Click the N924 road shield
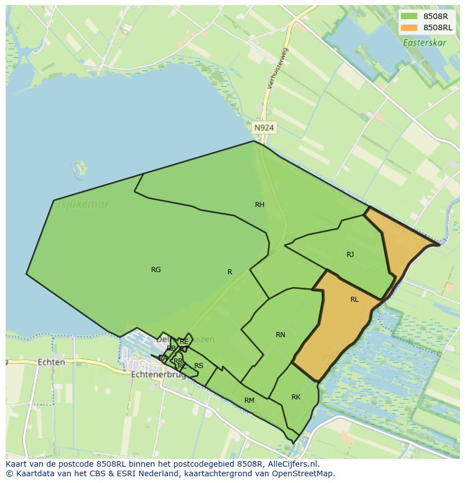coord(264,128)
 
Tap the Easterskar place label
coord(425,42)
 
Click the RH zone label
coord(259,205)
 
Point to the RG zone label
coord(156,270)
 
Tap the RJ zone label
coord(350,255)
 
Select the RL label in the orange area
coord(354,300)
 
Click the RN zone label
coord(280,335)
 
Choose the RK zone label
coord(296,397)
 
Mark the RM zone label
coord(249,401)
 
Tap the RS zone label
coord(199,366)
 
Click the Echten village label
coord(51,362)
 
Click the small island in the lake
coord(80,168)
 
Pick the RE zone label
coord(184,342)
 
